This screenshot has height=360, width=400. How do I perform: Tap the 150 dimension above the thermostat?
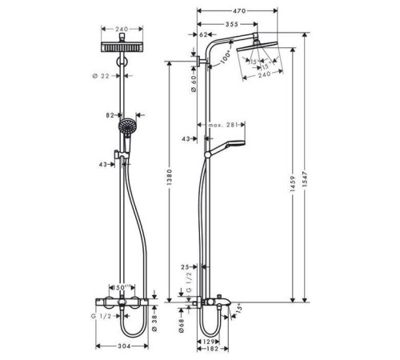[122, 286]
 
